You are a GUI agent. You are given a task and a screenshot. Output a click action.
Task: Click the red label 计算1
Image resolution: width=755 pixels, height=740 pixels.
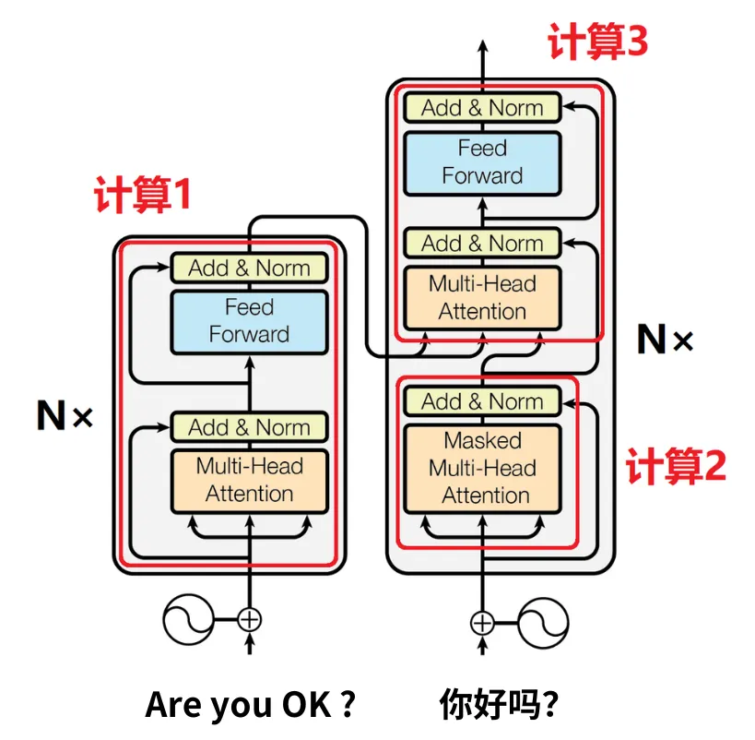[143, 195]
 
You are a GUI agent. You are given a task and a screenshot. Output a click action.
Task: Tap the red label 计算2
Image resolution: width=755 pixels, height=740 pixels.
[676, 467]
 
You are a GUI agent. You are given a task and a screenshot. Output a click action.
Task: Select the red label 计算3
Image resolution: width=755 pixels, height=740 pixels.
[598, 42]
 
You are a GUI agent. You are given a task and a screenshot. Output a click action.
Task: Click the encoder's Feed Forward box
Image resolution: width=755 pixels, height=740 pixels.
[249, 321]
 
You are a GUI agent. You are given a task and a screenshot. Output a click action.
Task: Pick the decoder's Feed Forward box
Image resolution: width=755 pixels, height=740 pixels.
[482, 162]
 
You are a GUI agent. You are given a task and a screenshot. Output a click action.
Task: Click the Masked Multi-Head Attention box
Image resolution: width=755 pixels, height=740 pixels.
[482, 468]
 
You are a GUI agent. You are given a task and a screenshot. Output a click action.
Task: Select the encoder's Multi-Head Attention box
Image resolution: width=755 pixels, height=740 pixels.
[249, 480]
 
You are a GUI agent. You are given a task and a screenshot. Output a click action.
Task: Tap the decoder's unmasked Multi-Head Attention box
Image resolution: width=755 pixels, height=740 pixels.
[482, 297]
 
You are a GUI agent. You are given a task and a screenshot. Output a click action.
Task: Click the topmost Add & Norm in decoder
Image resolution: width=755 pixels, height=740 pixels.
[482, 108]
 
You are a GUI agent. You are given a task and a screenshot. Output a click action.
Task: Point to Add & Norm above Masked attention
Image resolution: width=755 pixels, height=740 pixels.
[482, 401]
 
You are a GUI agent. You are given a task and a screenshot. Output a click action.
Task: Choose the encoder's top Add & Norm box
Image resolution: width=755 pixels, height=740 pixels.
[249, 269]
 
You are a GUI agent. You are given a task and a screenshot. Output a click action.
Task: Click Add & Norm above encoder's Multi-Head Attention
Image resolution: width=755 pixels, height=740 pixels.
[249, 427]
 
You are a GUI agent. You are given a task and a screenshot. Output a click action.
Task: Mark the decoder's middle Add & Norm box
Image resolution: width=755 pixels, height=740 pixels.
[482, 244]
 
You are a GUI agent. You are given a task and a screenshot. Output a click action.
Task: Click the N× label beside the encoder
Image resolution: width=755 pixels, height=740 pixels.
[65, 417]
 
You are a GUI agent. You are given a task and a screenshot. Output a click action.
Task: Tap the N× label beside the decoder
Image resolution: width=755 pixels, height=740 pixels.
[665, 340]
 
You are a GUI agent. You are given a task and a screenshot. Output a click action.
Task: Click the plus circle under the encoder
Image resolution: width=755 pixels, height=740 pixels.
[249, 619]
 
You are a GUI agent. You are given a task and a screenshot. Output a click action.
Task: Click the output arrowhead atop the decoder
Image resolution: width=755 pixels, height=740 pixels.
[482, 46]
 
